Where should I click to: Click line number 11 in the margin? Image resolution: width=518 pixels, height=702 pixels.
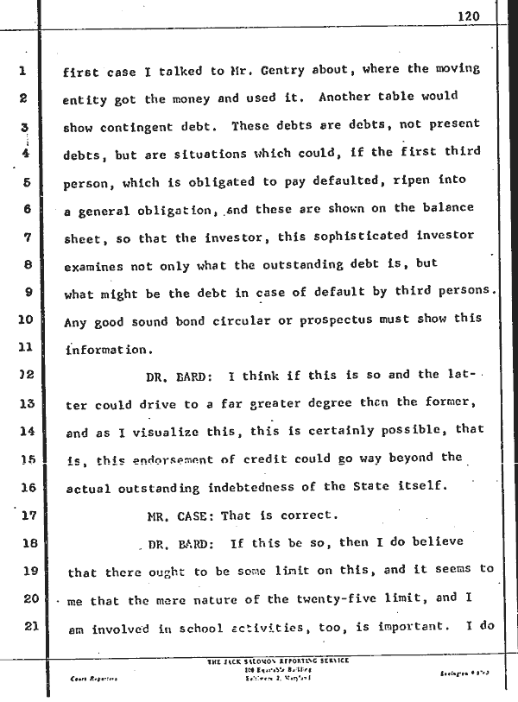tap(24, 349)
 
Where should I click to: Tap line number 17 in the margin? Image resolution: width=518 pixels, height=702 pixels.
tap(24, 516)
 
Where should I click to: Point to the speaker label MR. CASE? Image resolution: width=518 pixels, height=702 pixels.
tap(180, 516)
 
